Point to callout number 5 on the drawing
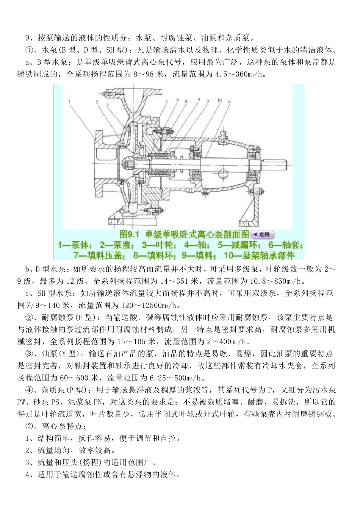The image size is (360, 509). pos(97,102)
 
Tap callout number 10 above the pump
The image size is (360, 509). pos(219,100)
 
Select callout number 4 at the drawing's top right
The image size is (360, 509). pos(229,101)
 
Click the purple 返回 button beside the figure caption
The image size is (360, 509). pos(262,234)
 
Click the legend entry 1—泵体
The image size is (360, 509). pos(74,245)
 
